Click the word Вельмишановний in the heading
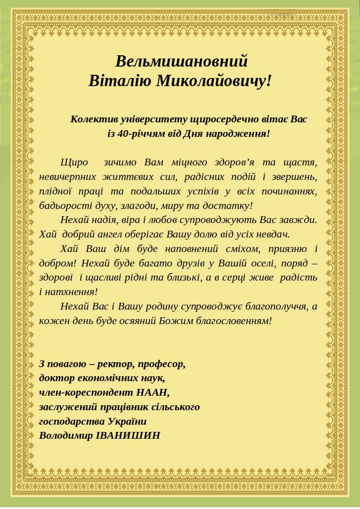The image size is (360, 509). [x=181, y=61]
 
